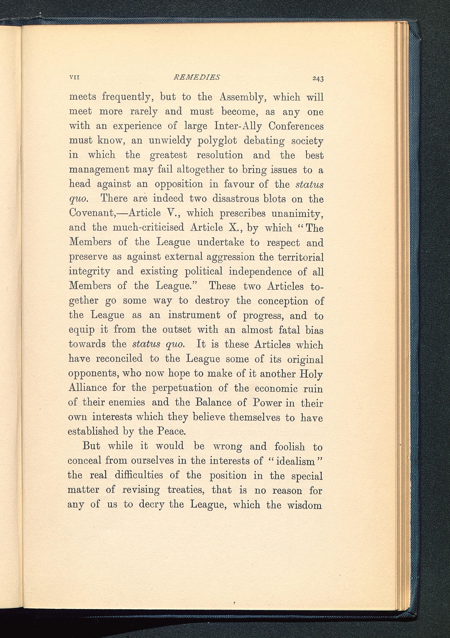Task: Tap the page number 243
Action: tap(318, 79)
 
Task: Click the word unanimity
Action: tap(297, 213)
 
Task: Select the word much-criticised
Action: tap(148, 228)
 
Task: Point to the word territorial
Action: tap(301, 257)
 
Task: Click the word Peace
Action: tap(171, 431)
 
